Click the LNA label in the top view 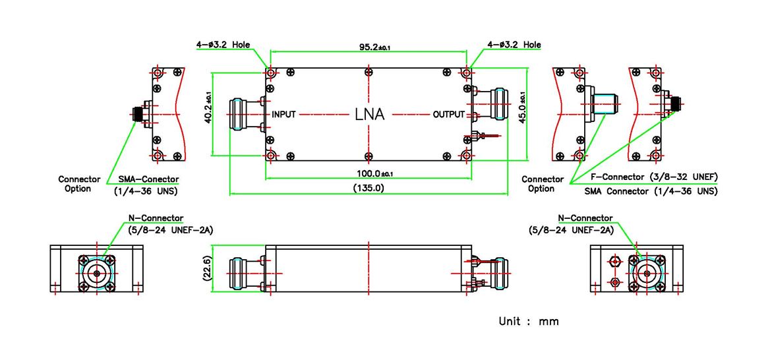(x=369, y=114)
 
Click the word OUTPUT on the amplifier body (x=448, y=114)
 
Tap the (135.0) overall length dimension (x=370, y=188)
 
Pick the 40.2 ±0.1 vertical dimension (x=209, y=109)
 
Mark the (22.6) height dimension (x=206, y=268)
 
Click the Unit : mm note (x=528, y=321)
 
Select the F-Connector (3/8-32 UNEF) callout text (x=653, y=177)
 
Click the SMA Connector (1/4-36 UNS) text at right (x=651, y=191)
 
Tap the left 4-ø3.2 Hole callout (x=223, y=45)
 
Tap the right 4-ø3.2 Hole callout (x=514, y=45)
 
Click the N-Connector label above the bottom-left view (x=156, y=218)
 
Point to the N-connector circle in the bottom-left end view (x=97, y=272)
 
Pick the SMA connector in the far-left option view (x=140, y=113)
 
